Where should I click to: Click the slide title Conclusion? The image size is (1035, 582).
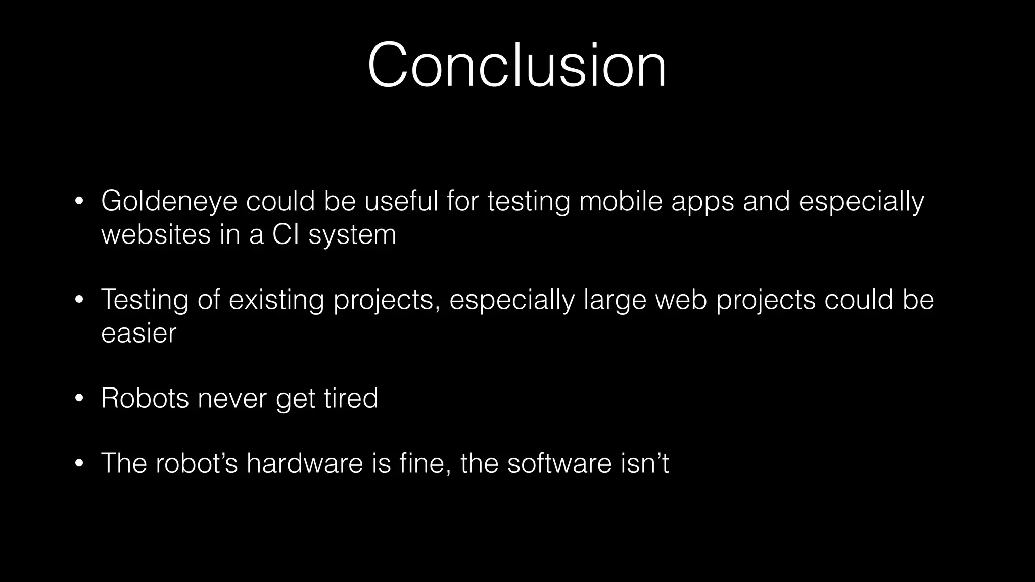pos(516,66)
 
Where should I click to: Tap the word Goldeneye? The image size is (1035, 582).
pos(169,201)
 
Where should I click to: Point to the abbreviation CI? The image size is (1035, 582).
pos(286,234)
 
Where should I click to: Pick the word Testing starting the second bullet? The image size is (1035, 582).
pos(145,300)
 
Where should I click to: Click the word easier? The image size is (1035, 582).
pos(139,333)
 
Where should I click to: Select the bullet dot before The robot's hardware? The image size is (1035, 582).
pos(78,464)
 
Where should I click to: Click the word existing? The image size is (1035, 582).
pos(276,300)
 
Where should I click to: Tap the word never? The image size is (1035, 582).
pos(232,398)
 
